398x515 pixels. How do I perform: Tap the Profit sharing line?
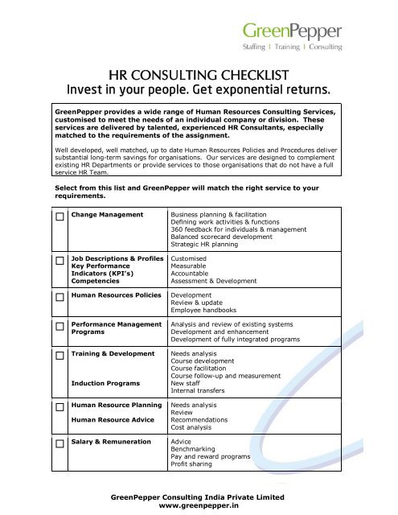point(192,465)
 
